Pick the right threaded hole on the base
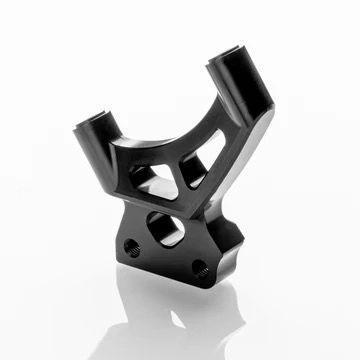(199, 267)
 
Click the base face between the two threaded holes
(166, 258)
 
